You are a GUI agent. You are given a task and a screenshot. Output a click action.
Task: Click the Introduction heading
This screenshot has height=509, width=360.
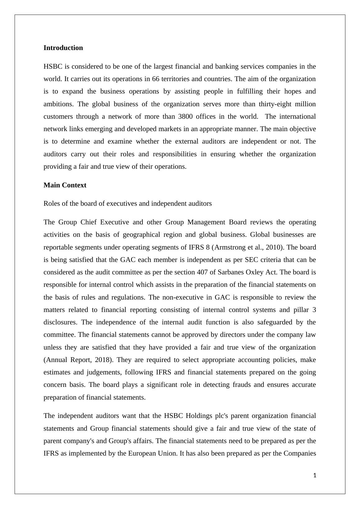63,48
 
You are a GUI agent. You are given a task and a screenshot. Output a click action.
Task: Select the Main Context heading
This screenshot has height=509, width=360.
65,185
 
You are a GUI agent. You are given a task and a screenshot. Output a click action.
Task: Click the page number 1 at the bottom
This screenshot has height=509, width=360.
315,475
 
